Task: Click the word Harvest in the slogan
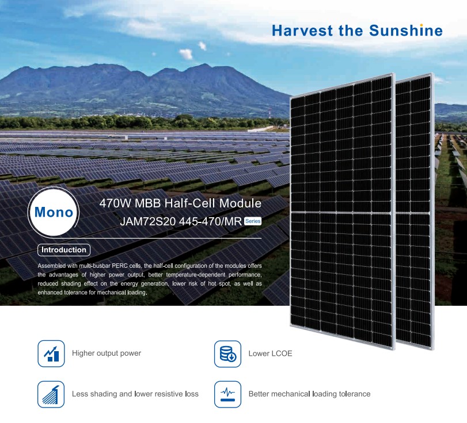point(302,30)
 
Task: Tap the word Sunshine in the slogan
point(406,30)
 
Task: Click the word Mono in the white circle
point(54,212)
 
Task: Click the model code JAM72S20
point(148,221)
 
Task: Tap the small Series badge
point(253,221)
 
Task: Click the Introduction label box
point(64,249)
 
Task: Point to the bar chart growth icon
point(51,353)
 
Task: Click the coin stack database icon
point(227,353)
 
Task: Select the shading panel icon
point(51,394)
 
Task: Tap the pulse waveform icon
point(227,394)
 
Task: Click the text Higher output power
point(107,353)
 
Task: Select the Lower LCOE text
point(271,353)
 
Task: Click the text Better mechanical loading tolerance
point(309,394)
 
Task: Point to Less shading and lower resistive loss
point(135,394)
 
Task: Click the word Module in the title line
point(240,203)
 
